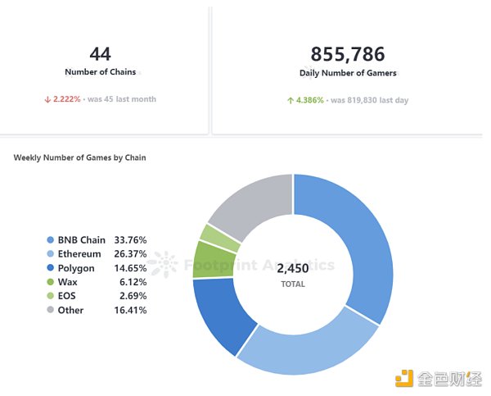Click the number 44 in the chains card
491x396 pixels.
(x=100, y=54)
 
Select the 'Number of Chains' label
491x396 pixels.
(x=99, y=72)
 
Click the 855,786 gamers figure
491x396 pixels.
(x=348, y=54)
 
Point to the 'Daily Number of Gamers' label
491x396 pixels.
(x=348, y=73)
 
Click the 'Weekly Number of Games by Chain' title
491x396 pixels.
(x=79, y=157)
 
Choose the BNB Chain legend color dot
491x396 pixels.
(x=50, y=240)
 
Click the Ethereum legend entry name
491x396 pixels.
(x=79, y=254)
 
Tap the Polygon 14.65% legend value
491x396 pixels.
(x=130, y=268)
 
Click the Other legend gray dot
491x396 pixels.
(x=50, y=311)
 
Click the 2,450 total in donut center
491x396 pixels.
(x=292, y=268)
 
